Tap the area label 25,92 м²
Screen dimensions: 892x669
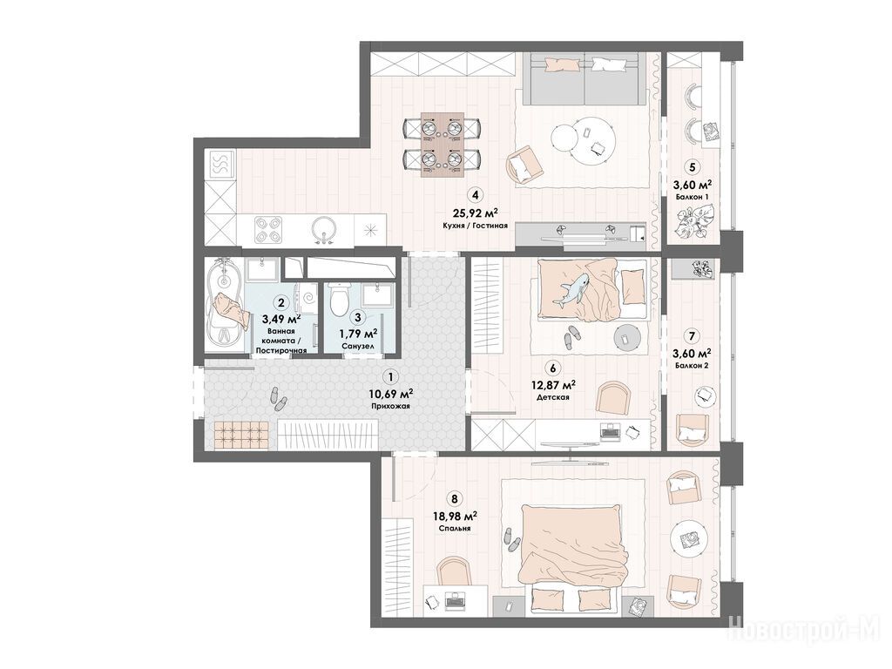tap(475, 213)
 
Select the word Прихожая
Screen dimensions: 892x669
tap(389, 406)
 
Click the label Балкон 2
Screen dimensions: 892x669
tap(692, 366)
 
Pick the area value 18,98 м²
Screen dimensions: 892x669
tap(454, 516)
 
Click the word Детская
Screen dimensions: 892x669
tap(553, 397)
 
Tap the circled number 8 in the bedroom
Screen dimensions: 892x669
tap(454, 499)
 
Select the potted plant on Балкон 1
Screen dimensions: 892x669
tap(690, 222)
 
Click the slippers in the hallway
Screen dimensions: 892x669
tap(277, 399)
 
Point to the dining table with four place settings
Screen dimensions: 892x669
tap(442, 145)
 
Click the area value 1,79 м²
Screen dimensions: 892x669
tap(357, 334)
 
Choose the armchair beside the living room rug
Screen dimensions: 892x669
tap(524, 164)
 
